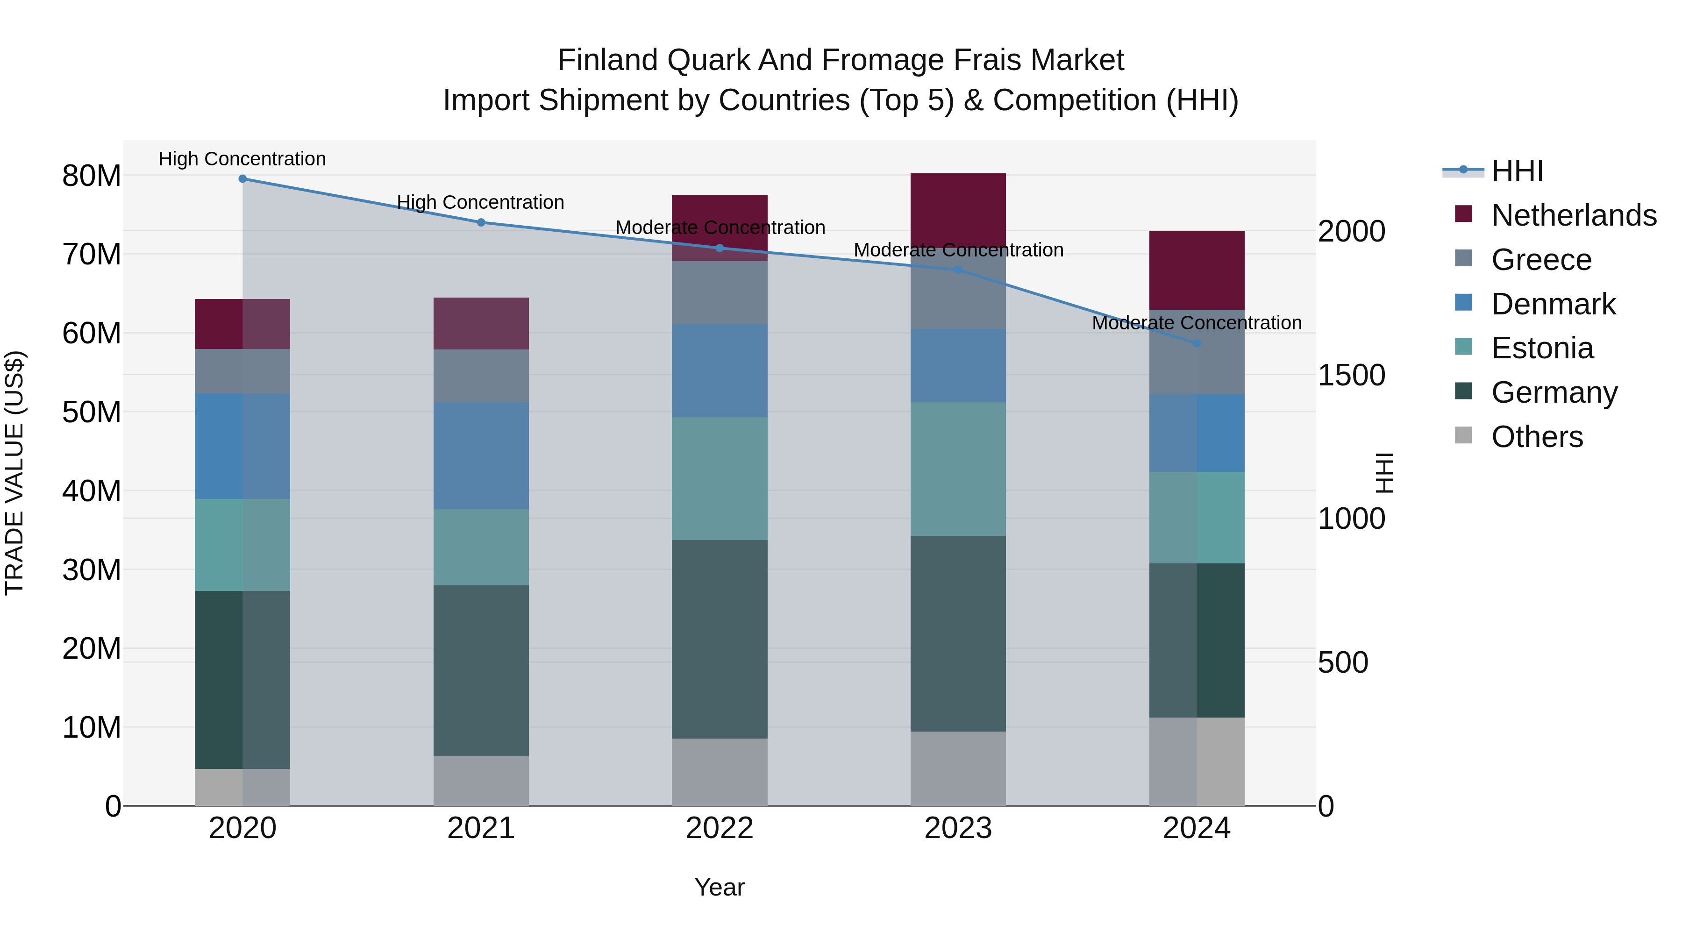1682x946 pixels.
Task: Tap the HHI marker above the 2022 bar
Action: [720, 248]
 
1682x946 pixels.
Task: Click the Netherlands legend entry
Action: [1574, 215]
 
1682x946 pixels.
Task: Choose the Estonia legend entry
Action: [1542, 348]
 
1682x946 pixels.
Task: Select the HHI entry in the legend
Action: [1517, 171]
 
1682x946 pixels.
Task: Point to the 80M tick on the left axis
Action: [92, 176]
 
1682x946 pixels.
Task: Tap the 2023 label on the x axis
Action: [958, 828]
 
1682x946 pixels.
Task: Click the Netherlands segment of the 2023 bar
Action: [958, 209]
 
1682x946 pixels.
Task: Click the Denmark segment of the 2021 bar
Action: [481, 455]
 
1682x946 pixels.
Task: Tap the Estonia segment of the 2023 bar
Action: [958, 469]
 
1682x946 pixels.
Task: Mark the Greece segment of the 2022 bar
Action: [720, 292]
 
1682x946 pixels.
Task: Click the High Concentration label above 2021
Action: [481, 202]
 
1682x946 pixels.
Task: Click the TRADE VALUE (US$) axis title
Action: [14, 473]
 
